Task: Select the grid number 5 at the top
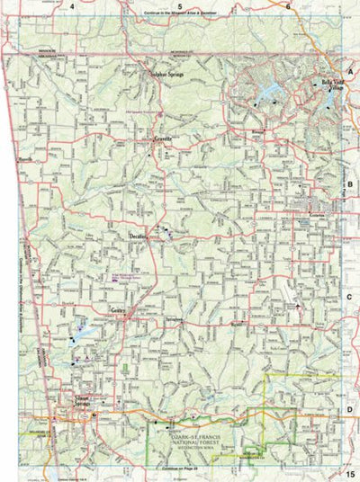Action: [x=180, y=6]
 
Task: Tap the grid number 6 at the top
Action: [x=289, y=6]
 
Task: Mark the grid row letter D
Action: [x=351, y=409]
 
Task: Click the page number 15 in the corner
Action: [x=349, y=473]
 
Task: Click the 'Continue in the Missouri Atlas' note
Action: [x=179, y=16]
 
